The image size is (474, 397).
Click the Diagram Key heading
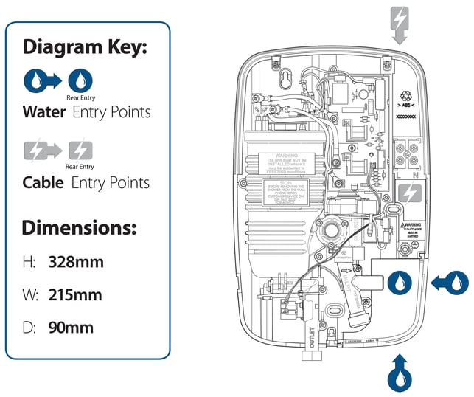pyautogui.click(x=86, y=47)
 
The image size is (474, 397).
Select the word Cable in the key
pyautogui.click(x=44, y=182)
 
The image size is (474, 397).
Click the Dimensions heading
pyautogui.click(x=79, y=227)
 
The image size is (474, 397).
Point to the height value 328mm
pyautogui.click(x=75, y=261)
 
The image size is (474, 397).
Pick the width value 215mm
pyautogui.click(x=75, y=295)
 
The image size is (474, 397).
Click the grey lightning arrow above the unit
pyautogui.click(x=399, y=22)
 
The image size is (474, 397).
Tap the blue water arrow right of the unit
pyautogui.click(x=450, y=280)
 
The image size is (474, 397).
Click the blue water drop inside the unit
pyautogui.click(x=399, y=281)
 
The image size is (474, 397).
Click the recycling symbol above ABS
pyautogui.click(x=407, y=96)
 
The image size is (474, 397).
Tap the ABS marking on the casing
pyautogui.click(x=407, y=107)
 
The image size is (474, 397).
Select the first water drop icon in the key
pyautogui.click(x=37, y=80)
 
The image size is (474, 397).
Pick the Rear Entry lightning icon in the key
pyautogui.click(x=80, y=151)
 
